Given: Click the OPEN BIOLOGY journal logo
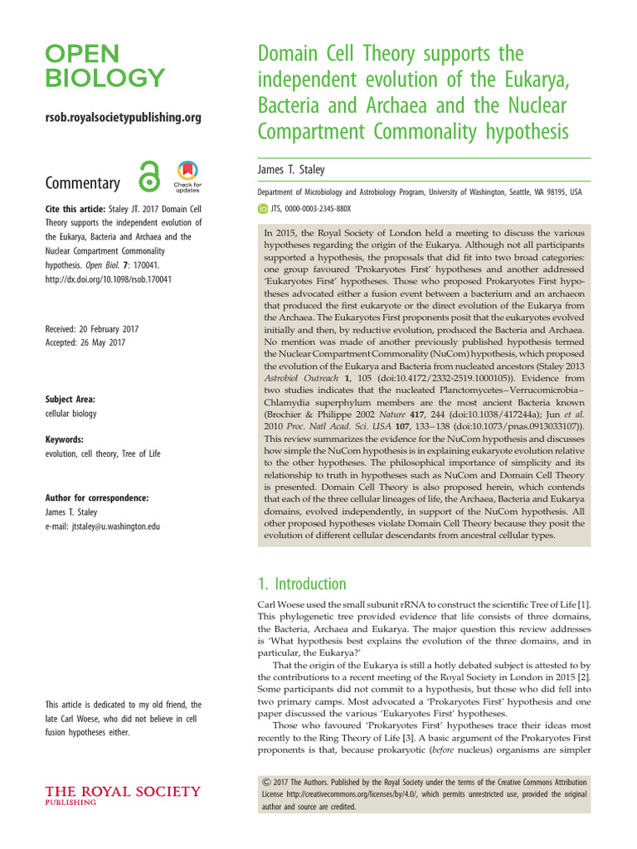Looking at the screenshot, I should pyautogui.click(x=105, y=66).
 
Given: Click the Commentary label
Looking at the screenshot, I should pyautogui.click(x=82, y=183).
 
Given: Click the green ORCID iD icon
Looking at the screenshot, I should pyautogui.click(x=265, y=210).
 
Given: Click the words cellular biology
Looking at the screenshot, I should pyautogui.click(x=71, y=412).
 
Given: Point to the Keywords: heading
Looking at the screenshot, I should pyautogui.click(x=65, y=439).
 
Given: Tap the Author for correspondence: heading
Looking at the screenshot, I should pyautogui.click(x=97, y=497).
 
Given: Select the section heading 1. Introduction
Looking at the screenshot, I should pyautogui.click(x=303, y=584).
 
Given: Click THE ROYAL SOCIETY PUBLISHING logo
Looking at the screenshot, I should pyautogui.click(x=122, y=796).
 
